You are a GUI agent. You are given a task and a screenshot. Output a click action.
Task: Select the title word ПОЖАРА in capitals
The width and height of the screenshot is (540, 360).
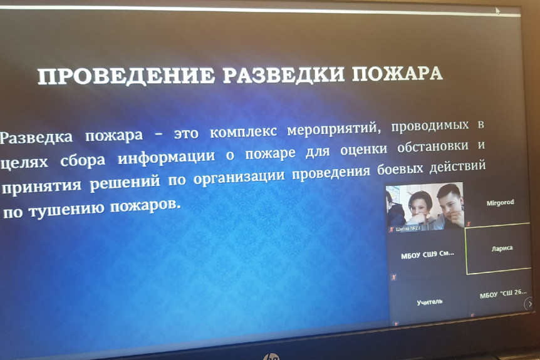(397, 73)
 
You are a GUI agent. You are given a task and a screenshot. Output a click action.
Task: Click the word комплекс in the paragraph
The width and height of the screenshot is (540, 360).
(243, 132)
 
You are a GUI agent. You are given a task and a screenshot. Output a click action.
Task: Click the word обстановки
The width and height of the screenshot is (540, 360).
(432, 147)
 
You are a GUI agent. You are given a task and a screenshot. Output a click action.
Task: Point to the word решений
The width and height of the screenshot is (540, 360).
(125, 182)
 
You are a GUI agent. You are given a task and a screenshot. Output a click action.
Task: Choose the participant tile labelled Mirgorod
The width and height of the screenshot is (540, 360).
(500, 203)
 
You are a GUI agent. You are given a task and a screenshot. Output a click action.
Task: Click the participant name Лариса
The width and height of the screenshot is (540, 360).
(502, 248)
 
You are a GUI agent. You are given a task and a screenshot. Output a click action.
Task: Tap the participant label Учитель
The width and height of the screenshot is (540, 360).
(430, 302)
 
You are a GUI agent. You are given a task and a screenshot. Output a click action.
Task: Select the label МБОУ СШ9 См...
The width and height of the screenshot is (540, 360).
(427, 255)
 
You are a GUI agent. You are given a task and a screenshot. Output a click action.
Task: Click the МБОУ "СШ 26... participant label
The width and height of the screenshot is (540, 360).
(503, 294)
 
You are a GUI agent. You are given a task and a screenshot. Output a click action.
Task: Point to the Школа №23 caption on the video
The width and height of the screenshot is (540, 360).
(408, 229)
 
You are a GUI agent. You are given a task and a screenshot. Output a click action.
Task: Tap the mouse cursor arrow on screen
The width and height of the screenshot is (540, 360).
(497, 11)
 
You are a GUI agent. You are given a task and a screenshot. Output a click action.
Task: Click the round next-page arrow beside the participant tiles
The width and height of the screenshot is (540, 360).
(529, 304)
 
